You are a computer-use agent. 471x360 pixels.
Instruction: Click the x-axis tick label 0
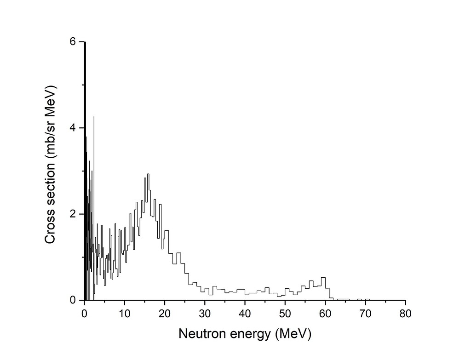click(x=84, y=314)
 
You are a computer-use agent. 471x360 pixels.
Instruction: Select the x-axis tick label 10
click(x=124, y=314)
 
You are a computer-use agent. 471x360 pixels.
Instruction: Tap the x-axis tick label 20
click(x=164, y=314)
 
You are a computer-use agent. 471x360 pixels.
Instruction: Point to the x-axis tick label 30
click(x=205, y=314)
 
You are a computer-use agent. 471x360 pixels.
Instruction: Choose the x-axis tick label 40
click(x=245, y=314)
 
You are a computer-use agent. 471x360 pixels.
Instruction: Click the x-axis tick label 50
click(x=285, y=314)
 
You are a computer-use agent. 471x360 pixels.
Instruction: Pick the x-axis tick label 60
click(x=325, y=314)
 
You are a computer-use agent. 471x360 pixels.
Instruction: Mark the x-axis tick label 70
click(x=365, y=314)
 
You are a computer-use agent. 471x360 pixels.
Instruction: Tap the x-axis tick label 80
click(x=405, y=314)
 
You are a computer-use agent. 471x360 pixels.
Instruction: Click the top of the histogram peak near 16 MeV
click(x=148, y=174)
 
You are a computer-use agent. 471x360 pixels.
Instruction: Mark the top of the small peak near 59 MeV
click(x=323, y=277)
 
